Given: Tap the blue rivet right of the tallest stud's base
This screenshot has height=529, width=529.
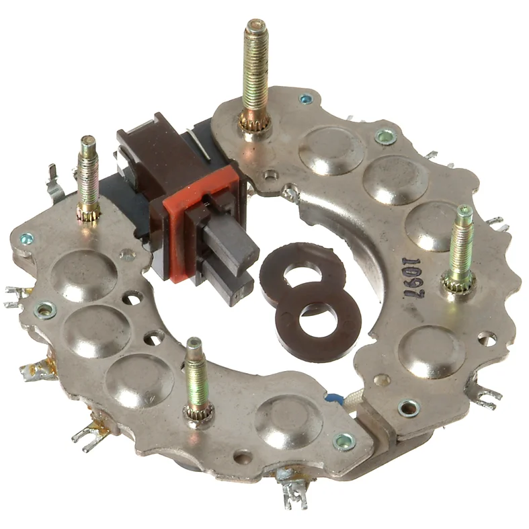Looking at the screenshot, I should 306,100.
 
